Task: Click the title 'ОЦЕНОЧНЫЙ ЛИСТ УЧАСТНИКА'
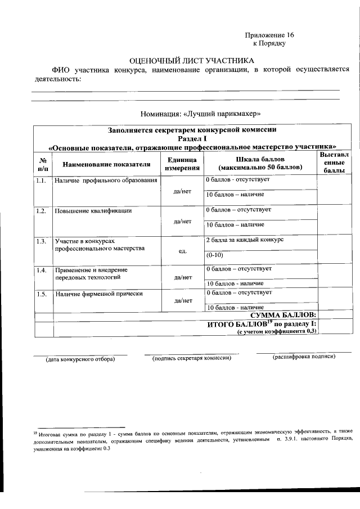coord(191,60)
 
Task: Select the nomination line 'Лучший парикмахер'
coord(201,112)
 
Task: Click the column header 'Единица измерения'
coord(182,164)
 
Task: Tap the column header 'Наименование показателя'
coord(106,164)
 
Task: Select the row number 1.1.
coord(42,181)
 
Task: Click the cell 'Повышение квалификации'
coord(93,211)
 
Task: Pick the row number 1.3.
coord(42,241)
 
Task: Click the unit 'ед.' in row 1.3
coord(182,250)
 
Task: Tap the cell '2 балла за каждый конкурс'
coord(244,240)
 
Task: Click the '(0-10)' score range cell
coord(214,255)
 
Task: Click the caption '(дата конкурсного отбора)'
coord(80,358)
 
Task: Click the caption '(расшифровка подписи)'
coord(304,357)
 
